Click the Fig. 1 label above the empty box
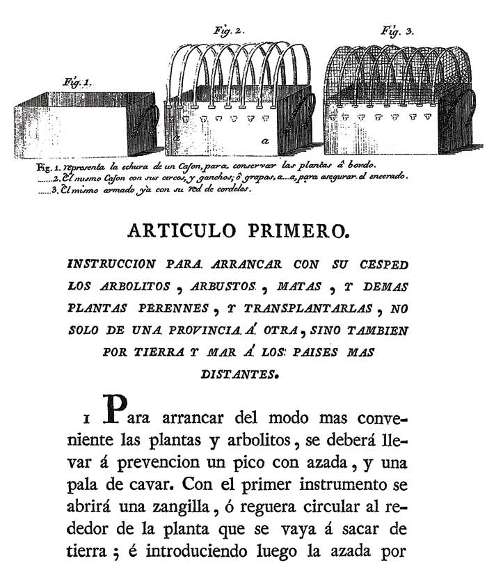[77, 82]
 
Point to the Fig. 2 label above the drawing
[225, 31]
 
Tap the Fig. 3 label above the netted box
[397, 31]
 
